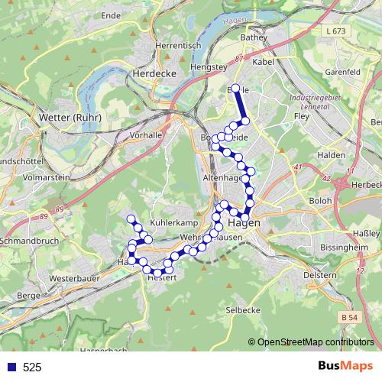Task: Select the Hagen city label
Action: coord(244,222)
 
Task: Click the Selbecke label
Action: coord(244,310)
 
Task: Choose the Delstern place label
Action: coord(319,274)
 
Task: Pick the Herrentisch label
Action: coord(176,46)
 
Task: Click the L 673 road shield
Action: coord(335,30)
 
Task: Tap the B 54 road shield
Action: coord(349,316)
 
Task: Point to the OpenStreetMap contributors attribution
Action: coord(315,342)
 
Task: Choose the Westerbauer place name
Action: coord(70,279)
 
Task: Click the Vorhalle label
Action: coord(147,134)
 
